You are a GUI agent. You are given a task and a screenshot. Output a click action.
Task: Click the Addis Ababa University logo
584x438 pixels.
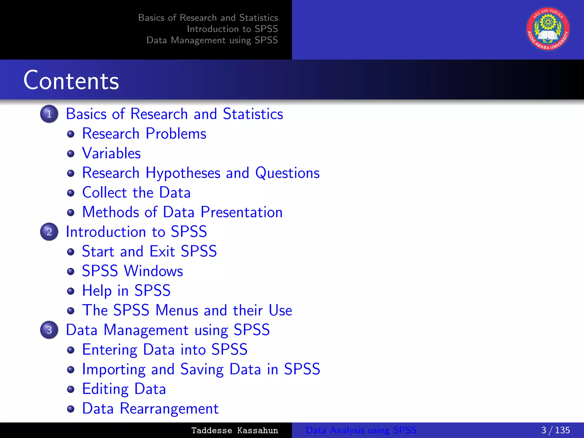tap(548, 29)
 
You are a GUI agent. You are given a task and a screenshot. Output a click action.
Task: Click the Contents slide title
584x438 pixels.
tap(71, 80)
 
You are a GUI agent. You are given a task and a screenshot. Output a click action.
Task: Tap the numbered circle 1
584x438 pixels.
tap(49, 114)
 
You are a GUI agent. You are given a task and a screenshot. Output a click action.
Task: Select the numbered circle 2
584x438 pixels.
tap(49, 232)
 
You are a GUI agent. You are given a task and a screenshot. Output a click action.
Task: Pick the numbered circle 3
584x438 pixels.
tap(49, 330)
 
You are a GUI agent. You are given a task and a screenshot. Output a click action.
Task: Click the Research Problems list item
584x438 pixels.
tap(144, 134)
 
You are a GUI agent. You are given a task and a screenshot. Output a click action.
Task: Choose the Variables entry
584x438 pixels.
tap(111, 153)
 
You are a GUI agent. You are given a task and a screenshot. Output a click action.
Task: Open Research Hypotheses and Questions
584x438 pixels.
tap(201, 173)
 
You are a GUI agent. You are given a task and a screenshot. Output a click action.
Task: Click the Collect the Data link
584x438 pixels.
tap(136, 192)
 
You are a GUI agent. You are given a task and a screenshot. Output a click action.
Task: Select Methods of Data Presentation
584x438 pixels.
tap(182, 212)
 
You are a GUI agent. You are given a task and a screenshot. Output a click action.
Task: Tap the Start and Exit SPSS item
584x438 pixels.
tap(149, 252)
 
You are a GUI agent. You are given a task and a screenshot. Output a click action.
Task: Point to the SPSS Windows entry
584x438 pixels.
tap(132, 271)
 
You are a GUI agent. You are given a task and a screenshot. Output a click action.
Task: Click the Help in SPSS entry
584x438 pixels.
tap(126, 291)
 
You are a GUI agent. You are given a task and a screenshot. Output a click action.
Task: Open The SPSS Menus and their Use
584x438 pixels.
tap(187, 310)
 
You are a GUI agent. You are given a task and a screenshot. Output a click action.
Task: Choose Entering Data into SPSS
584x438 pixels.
tap(165, 350)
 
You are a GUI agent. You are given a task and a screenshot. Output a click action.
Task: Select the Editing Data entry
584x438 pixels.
tap(124, 389)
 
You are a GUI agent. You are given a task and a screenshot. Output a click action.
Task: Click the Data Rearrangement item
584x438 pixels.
tap(150, 409)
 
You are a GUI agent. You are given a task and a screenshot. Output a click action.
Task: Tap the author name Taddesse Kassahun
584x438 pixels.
tap(234, 430)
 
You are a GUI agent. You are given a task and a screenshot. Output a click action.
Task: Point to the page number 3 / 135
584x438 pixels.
tap(555, 430)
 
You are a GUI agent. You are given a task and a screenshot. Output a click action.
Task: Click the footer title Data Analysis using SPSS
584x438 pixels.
tap(361, 430)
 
